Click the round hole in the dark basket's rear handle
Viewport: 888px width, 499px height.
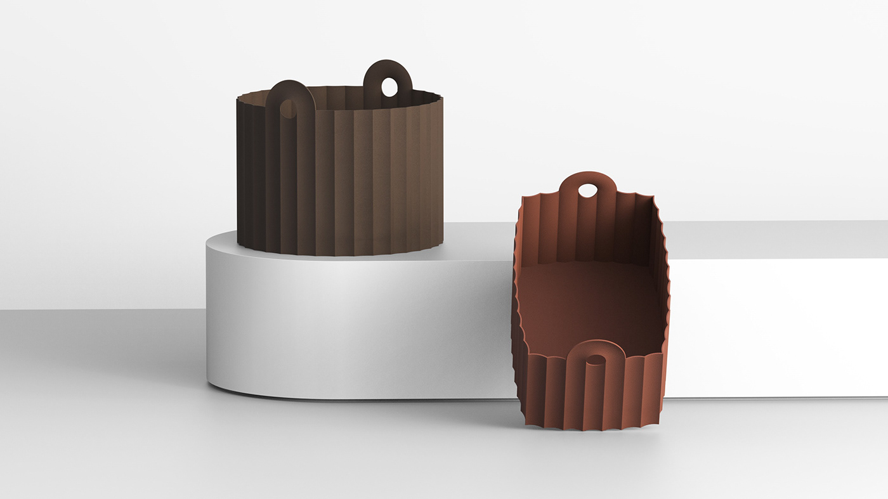(x=389, y=87)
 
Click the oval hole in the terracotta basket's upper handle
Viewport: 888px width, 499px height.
(x=588, y=190)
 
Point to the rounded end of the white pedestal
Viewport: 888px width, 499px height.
(x=228, y=317)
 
